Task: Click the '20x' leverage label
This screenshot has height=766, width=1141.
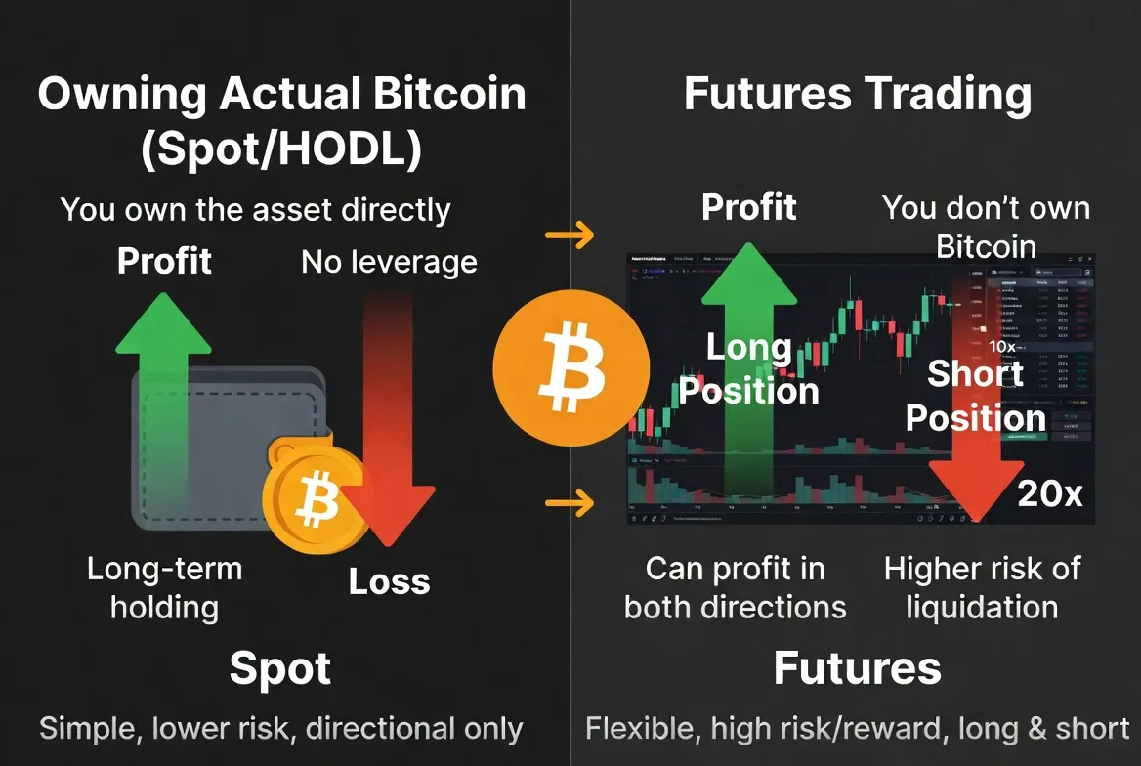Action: tap(1049, 494)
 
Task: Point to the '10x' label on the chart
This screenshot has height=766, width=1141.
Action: tap(1002, 346)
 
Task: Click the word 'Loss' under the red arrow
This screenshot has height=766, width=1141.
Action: tap(390, 582)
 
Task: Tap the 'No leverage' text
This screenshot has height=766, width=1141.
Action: tap(389, 262)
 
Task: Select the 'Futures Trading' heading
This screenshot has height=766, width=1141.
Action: tap(857, 95)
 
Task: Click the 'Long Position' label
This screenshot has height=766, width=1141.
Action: tap(749, 369)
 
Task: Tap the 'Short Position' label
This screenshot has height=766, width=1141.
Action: tap(976, 396)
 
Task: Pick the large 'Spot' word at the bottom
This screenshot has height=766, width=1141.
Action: tap(280, 669)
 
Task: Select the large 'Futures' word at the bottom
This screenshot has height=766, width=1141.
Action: tap(857, 669)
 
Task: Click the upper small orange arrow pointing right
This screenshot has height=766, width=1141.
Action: tap(570, 234)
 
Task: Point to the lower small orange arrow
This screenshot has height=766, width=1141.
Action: tap(570, 504)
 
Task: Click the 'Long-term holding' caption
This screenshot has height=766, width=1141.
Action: tap(164, 587)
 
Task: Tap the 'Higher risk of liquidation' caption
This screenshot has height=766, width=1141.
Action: tap(982, 587)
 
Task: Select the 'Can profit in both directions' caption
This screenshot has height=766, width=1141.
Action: tap(735, 587)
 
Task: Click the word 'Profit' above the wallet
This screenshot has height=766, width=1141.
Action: tap(164, 261)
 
